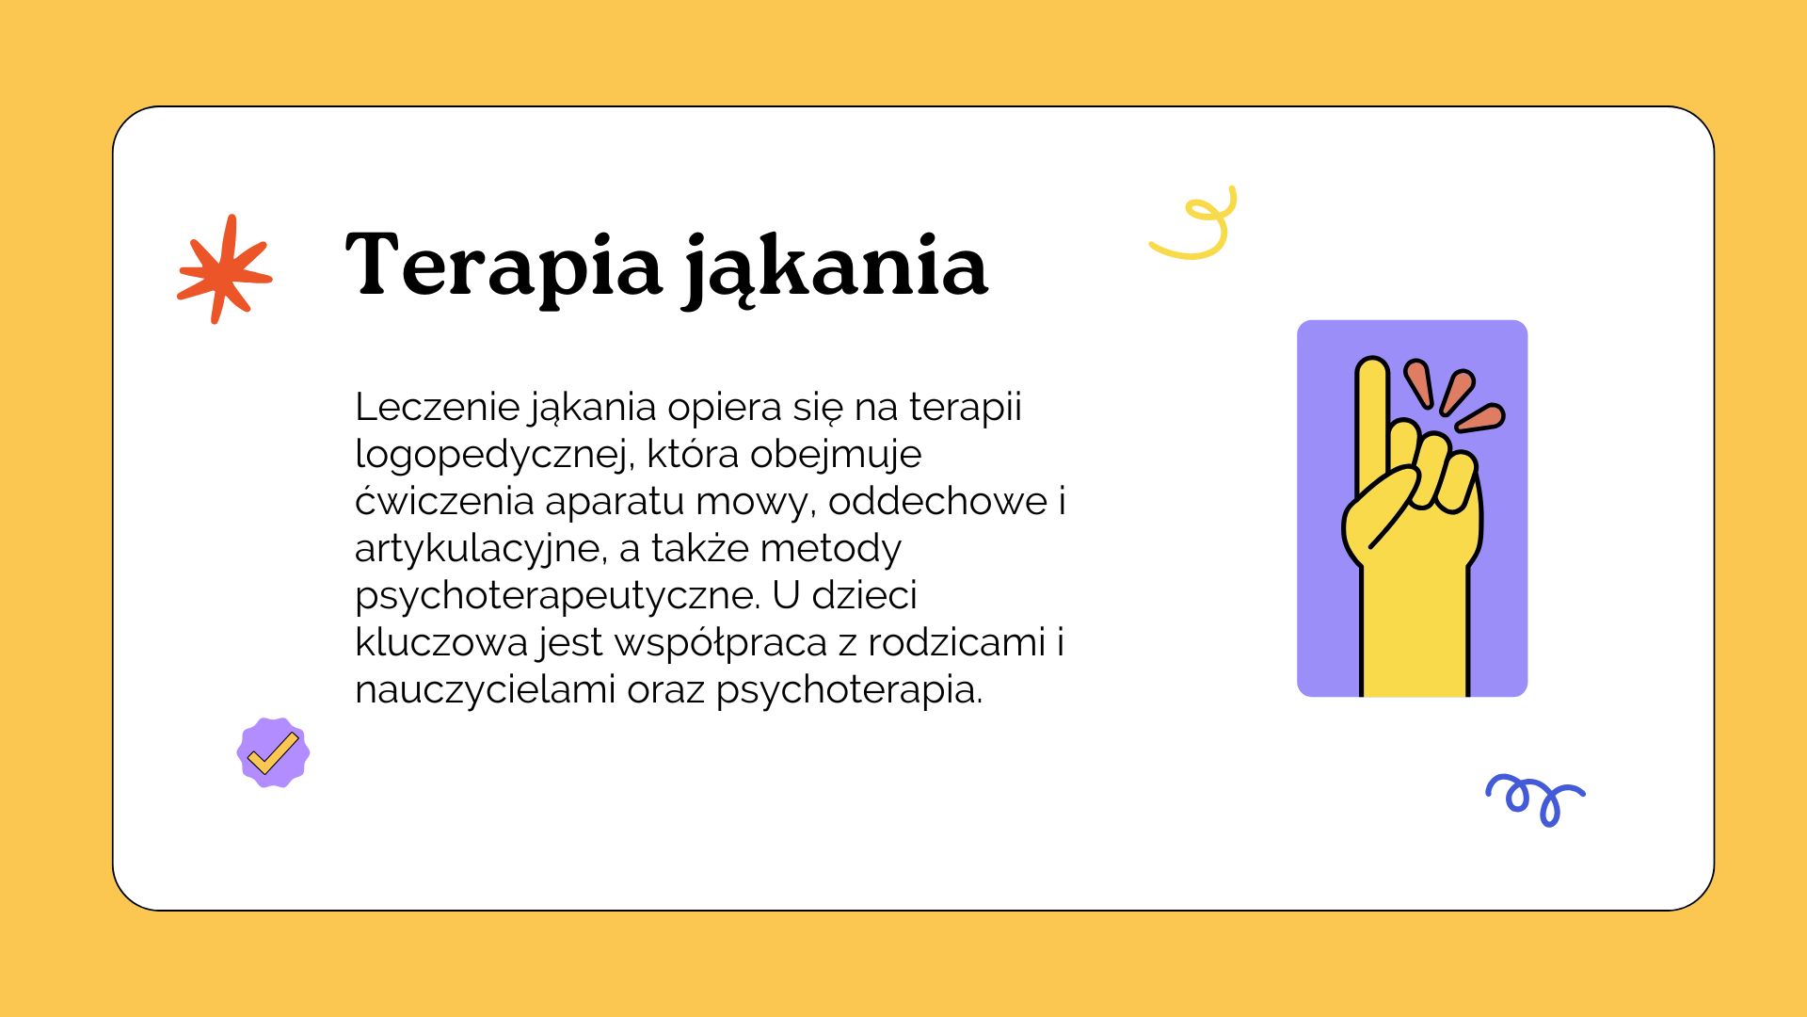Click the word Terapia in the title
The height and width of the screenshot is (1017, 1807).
click(504, 265)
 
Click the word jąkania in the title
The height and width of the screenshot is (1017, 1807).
click(836, 269)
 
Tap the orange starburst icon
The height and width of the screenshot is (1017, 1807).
click(225, 269)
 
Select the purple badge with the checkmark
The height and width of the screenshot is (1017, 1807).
click(273, 752)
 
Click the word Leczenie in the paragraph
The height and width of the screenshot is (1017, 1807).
click(438, 407)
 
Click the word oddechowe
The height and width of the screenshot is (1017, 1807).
click(937, 501)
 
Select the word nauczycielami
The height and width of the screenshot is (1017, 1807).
click(485, 689)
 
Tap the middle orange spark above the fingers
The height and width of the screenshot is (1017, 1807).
click(1458, 392)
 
